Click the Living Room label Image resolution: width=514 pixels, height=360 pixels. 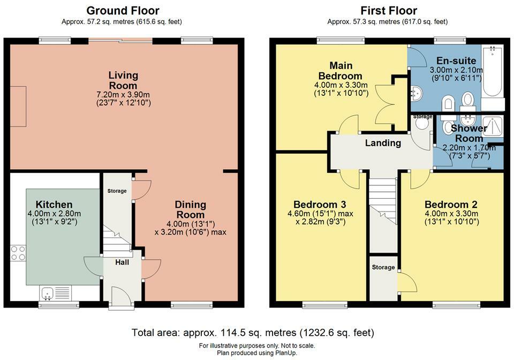(x=123, y=80)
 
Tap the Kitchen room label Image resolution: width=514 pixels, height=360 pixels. (x=54, y=204)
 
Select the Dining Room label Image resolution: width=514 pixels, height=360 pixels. (x=190, y=209)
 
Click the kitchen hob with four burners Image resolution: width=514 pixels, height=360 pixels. (x=18, y=253)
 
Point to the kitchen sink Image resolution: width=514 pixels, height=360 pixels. (x=48, y=292)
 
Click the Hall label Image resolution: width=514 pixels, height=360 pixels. (x=122, y=262)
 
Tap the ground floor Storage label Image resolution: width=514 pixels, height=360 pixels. (x=117, y=191)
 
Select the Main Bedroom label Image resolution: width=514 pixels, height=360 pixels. (x=341, y=71)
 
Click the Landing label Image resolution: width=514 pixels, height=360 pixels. (x=383, y=143)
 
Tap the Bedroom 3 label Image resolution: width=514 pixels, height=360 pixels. (x=320, y=204)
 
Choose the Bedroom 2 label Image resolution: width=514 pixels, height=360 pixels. (x=451, y=204)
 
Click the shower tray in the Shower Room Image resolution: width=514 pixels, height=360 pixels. (x=492, y=125)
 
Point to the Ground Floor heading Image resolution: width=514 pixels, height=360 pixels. (x=123, y=11)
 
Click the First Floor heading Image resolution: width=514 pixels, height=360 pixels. (x=389, y=11)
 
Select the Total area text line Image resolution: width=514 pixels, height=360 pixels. (x=253, y=333)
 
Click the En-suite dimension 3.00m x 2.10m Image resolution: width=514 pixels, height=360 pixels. (x=456, y=70)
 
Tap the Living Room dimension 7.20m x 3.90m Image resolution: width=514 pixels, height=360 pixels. (x=123, y=95)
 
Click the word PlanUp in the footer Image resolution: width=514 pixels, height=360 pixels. (x=285, y=353)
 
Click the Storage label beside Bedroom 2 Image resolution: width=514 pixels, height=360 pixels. (x=383, y=267)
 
